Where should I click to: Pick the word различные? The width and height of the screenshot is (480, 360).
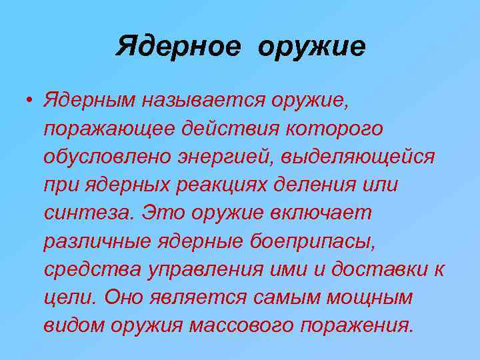click(x=95, y=242)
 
